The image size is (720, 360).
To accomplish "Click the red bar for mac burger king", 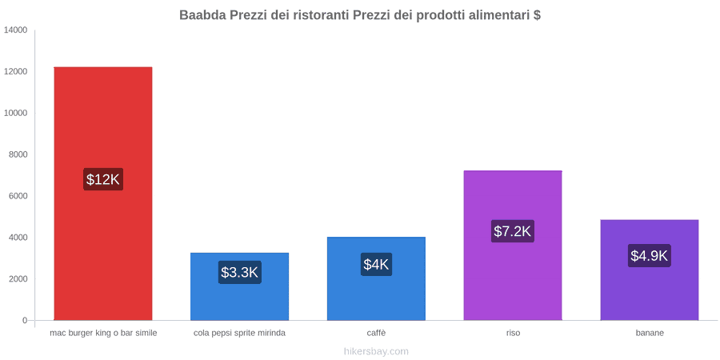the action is click(x=103, y=194).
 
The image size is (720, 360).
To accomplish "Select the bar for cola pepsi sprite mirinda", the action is click(x=240, y=286).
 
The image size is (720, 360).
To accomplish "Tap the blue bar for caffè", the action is click(x=376, y=278).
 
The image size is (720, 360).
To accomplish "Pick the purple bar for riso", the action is click(x=513, y=246).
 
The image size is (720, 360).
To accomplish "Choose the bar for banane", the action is click(x=650, y=270).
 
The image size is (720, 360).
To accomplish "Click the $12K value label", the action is click(x=103, y=179).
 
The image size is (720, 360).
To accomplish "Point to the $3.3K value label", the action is click(x=240, y=272).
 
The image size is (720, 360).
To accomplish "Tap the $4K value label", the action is click(x=376, y=265).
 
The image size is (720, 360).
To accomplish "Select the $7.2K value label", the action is click(x=513, y=231).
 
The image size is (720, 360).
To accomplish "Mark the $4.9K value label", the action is click(x=650, y=256).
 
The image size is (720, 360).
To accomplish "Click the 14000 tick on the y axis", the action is click(x=15, y=30).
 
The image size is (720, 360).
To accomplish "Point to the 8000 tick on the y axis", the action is click(x=18, y=154).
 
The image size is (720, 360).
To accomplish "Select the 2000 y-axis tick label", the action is click(x=18, y=278).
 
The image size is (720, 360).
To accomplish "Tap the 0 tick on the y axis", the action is click(x=25, y=320).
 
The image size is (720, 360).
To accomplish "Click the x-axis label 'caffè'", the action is click(x=376, y=334).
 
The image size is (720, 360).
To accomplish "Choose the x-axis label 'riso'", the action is click(x=513, y=334).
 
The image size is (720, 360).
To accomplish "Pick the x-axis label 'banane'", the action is click(x=650, y=334).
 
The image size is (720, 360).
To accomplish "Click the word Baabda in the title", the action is click(x=200, y=15).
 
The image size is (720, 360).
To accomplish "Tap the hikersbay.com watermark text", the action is click(x=376, y=352).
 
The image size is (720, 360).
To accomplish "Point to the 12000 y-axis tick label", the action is click(x=15, y=72).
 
